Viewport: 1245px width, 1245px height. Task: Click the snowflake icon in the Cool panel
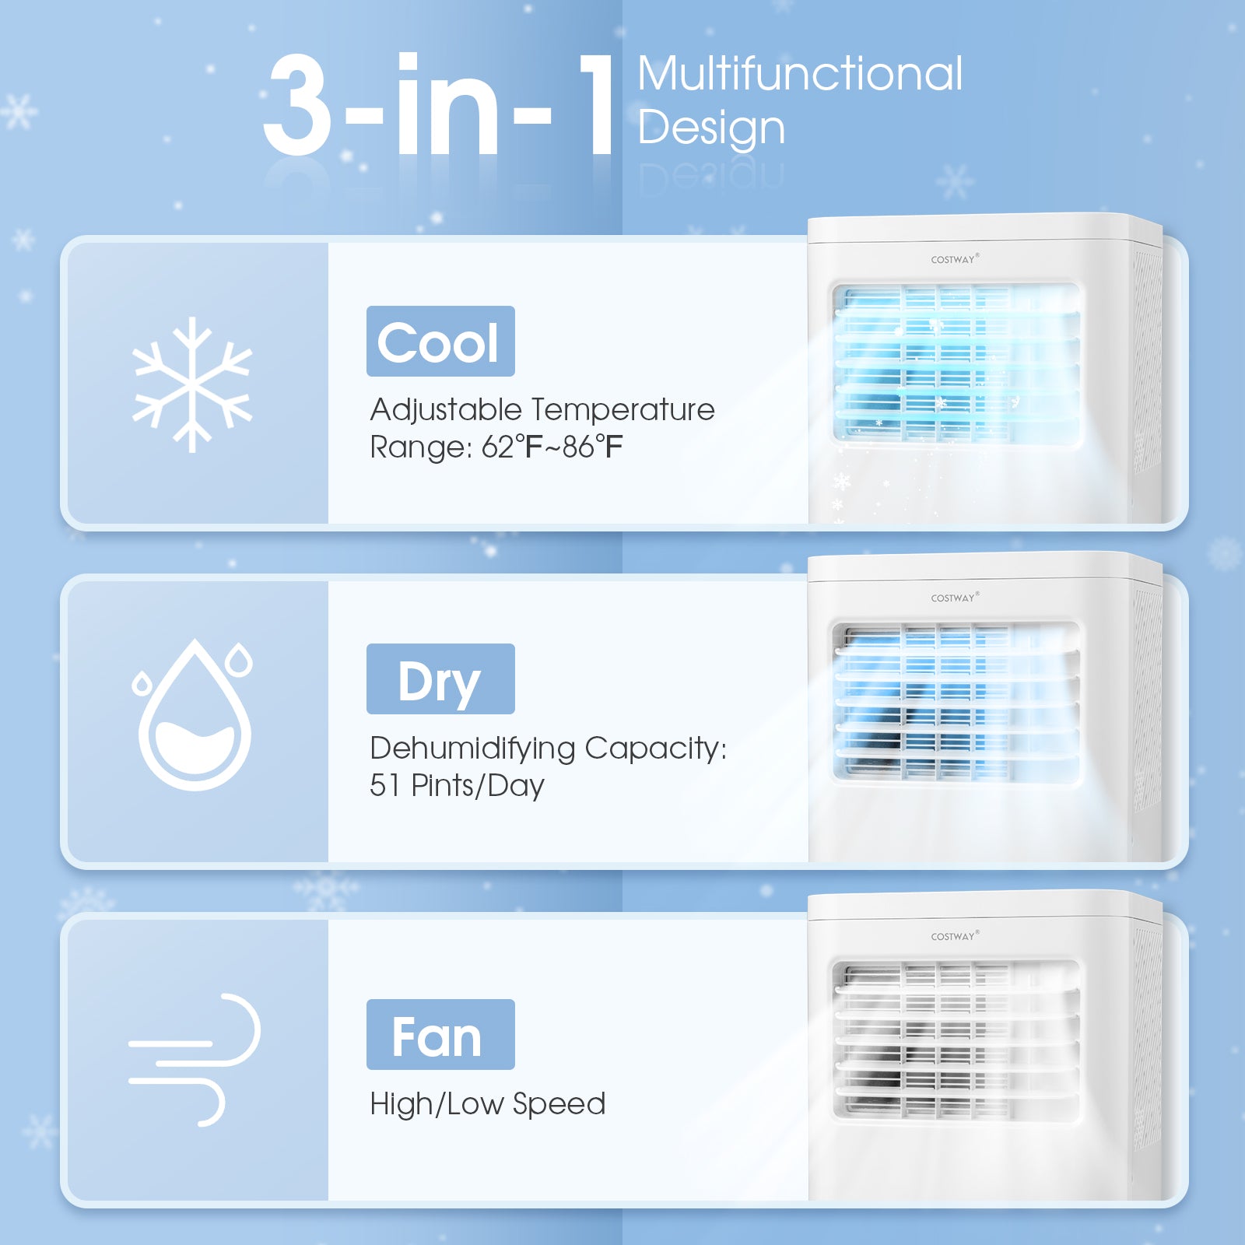coord(192,384)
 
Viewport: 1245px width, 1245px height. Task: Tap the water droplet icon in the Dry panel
coord(195,716)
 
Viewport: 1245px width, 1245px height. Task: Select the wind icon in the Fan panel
coord(195,1060)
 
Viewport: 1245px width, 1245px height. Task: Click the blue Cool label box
coord(440,342)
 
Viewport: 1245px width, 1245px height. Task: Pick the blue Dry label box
coord(440,679)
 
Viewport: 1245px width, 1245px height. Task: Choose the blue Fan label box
coord(440,1035)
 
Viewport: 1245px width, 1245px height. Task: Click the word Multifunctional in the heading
coord(800,74)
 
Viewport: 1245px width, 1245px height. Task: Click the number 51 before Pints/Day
coord(384,785)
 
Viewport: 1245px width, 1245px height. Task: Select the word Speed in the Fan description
coord(559,1104)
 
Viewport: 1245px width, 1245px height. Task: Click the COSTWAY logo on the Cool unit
coord(954,259)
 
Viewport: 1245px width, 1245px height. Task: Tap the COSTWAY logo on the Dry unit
coord(954,598)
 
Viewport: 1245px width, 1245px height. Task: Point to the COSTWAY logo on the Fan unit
coord(954,936)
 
